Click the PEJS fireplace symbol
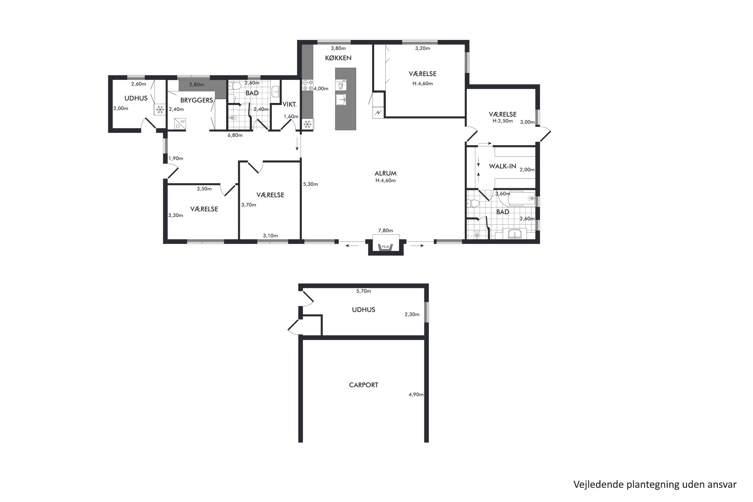point(386,247)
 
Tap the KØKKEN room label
point(338,58)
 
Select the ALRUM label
point(386,173)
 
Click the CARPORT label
point(363,385)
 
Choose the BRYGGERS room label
point(197,100)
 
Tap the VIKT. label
point(289,104)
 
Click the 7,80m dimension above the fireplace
point(386,230)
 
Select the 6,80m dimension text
point(235,135)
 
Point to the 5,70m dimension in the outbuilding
point(363,291)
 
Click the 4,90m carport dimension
point(416,394)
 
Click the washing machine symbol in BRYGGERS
point(180,124)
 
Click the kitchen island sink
point(341,100)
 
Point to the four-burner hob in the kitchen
point(308,85)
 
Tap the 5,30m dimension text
point(310,184)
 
